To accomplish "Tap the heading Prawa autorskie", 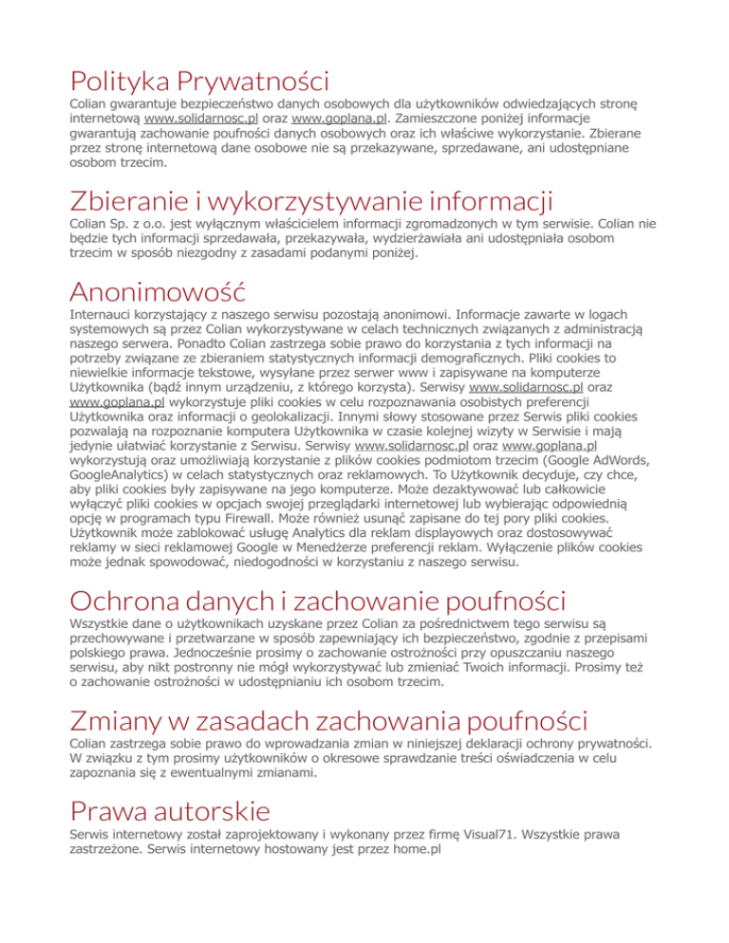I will tap(170, 810).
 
